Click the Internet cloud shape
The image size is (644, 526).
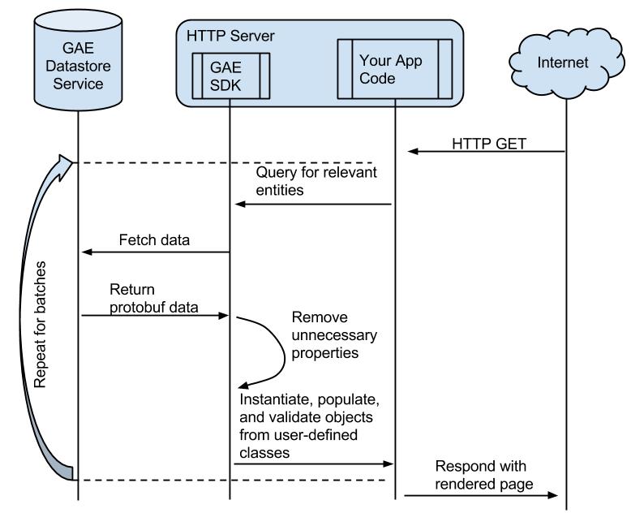(x=565, y=62)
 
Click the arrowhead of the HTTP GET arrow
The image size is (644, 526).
(x=412, y=151)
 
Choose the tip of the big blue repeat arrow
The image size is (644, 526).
(x=72, y=165)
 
